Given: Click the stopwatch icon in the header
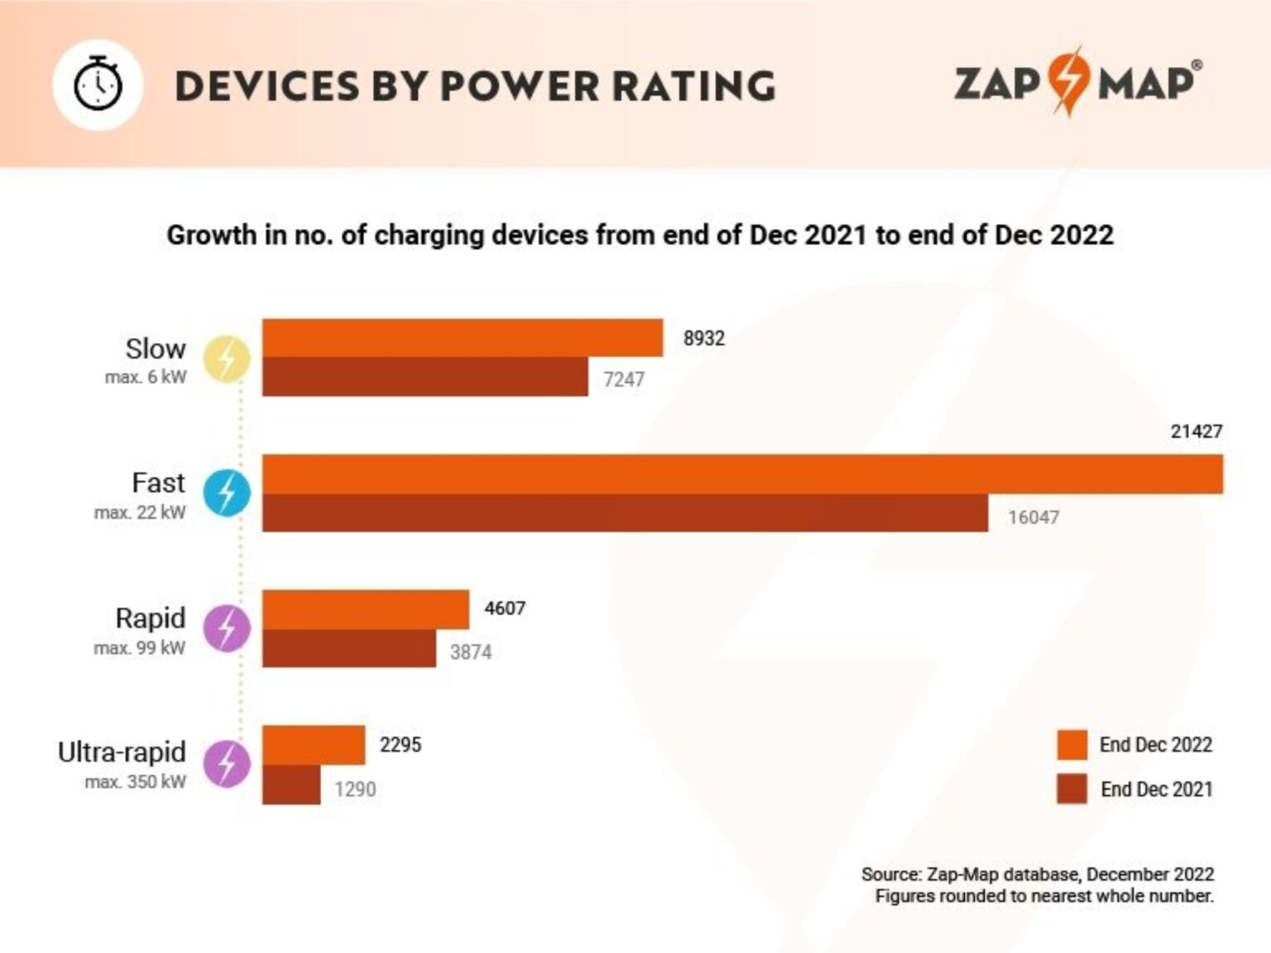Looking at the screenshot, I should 98,85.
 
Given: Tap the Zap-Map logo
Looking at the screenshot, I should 1077,82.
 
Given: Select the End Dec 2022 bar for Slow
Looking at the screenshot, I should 462,338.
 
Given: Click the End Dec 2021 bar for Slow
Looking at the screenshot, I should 424,377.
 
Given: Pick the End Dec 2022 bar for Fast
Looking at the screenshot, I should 741,474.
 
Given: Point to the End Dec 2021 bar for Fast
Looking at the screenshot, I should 625,513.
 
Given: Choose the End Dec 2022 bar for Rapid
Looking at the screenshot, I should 365,610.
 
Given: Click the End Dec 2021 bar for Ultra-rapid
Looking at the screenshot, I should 291,785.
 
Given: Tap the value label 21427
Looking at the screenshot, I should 1196,431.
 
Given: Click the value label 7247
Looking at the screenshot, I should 623,380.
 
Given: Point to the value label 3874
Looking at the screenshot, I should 470,652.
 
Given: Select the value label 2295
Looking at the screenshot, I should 400,745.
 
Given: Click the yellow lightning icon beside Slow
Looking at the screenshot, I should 227,359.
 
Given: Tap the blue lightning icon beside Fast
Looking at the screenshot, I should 227,493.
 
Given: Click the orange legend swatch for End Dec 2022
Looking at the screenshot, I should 1072,745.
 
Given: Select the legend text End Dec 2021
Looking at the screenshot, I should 1156,789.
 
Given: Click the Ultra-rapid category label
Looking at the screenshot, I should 122,752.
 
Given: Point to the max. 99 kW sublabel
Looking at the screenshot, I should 139,648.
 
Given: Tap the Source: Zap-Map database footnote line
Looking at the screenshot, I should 1037,874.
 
